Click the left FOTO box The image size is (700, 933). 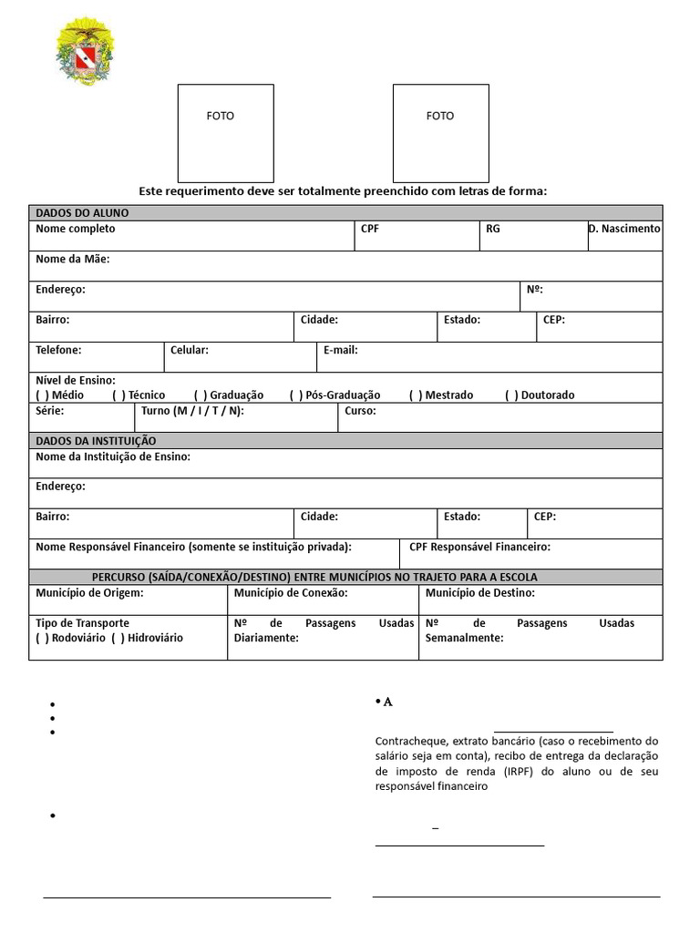point(225,133)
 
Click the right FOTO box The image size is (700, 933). point(440,133)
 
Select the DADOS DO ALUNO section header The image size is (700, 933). point(82,212)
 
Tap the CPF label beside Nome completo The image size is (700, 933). point(370,229)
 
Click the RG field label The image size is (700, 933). point(492,229)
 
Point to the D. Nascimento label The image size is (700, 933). point(624,229)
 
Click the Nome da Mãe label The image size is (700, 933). point(73,260)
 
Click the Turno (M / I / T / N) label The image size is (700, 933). point(192,411)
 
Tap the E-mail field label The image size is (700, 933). point(340,350)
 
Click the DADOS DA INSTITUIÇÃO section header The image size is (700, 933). point(96,441)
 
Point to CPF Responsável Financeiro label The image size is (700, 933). point(479,547)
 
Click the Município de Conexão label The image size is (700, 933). point(291,593)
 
